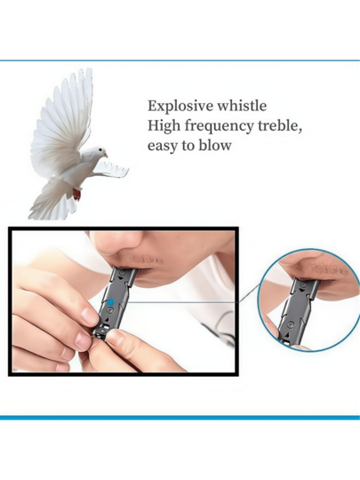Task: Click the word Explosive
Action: point(180,107)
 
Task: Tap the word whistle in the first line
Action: point(242,106)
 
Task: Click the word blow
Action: point(215,145)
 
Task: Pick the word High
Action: point(164,126)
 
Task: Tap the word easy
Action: point(163,146)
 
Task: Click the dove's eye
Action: point(100,149)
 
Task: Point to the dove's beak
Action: point(105,155)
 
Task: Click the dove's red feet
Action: point(77,194)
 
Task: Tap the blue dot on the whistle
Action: point(110,302)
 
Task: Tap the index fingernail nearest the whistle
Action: point(89,316)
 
